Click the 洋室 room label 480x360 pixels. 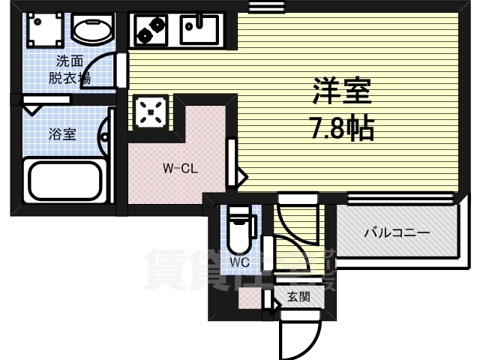pos(342,94)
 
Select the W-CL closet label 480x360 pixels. pos(180,169)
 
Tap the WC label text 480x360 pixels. pos(239,262)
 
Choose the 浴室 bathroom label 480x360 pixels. pos(63,135)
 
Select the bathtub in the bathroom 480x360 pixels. pos(66,179)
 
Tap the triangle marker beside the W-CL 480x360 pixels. pos(241,178)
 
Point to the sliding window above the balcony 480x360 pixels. pos(401,198)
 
